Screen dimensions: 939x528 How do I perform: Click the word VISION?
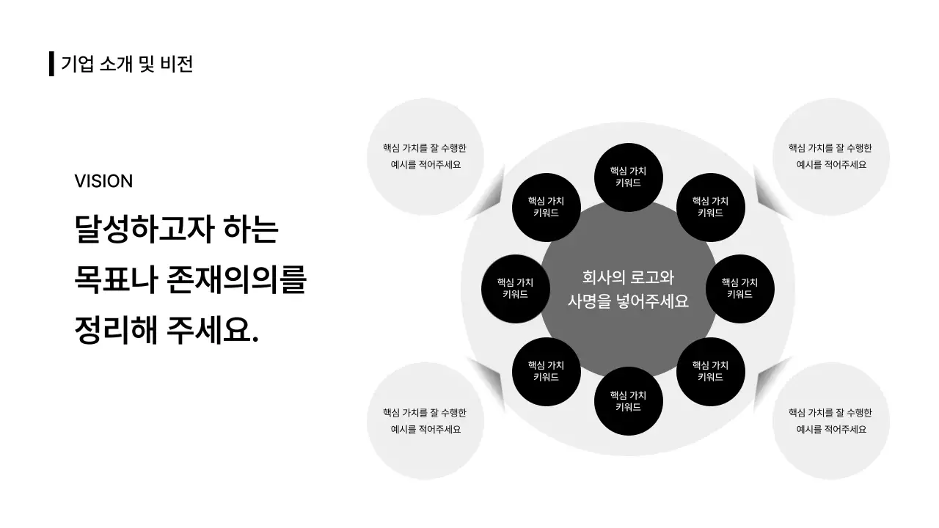(x=103, y=181)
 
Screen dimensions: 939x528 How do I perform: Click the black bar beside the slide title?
(x=51, y=64)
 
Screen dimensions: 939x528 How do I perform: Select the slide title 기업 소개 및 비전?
(x=127, y=64)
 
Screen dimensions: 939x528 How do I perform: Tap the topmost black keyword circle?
(x=628, y=177)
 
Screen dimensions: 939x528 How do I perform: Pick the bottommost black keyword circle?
(x=628, y=401)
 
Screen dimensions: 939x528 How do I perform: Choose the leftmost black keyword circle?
(x=515, y=288)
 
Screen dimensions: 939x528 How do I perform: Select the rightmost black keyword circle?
(x=739, y=288)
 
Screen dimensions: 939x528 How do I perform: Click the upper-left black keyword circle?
(x=546, y=207)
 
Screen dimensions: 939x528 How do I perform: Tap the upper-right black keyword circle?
(x=710, y=207)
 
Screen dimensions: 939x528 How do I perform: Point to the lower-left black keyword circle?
(x=546, y=371)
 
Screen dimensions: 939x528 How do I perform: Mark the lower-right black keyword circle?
(x=710, y=371)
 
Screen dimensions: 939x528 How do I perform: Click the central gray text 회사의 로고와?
(x=627, y=277)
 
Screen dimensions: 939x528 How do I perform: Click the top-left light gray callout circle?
(x=425, y=156)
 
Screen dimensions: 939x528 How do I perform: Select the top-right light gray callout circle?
(x=831, y=156)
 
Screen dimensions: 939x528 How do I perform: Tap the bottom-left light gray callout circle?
(x=425, y=421)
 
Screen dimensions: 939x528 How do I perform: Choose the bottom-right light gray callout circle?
(x=831, y=421)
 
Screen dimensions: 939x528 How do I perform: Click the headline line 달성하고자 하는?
(x=177, y=230)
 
